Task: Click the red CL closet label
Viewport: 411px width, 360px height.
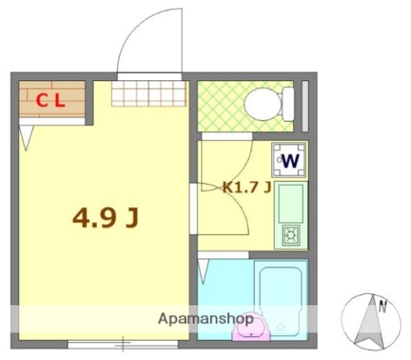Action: pos(50,100)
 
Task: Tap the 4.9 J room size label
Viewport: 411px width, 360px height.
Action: pos(105,218)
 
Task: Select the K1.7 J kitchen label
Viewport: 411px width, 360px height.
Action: pos(247,187)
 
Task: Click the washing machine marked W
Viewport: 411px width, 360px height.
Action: pos(289,160)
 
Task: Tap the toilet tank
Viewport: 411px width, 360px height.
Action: pos(288,104)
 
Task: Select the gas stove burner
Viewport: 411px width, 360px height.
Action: pos(291,235)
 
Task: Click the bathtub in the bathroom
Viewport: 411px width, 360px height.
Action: pos(280,299)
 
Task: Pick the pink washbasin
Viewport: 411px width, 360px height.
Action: pos(250,327)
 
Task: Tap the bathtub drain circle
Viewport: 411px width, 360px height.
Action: pos(280,327)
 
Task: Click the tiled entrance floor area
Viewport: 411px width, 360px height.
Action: pos(148,94)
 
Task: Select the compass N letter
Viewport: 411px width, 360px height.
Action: pos(383,306)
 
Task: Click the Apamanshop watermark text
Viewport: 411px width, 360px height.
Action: pos(205,319)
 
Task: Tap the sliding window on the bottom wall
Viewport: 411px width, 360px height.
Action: pos(123,344)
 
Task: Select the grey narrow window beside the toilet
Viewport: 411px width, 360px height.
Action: pos(305,106)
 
